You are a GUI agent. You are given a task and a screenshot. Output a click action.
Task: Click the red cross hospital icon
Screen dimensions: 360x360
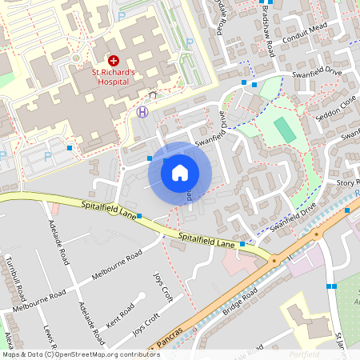(x=113, y=60)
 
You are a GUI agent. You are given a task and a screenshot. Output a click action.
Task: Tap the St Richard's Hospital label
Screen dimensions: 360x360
(x=114, y=76)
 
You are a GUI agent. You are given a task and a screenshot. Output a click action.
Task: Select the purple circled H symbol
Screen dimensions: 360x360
(x=142, y=111)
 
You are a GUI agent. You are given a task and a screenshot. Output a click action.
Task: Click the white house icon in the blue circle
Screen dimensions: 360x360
(x=180, y=172)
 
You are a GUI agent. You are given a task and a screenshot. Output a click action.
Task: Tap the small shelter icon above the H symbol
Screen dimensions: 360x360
(x=152, y=95)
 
